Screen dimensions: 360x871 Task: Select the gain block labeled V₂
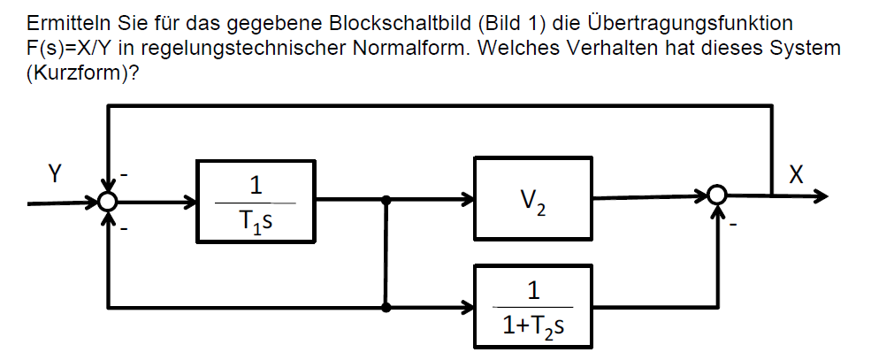533,201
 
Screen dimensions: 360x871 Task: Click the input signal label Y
55,173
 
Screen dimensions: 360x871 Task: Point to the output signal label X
797,173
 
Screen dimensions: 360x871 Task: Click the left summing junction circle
107,202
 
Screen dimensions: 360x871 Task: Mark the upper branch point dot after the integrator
386,201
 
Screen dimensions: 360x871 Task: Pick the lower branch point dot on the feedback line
386,308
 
